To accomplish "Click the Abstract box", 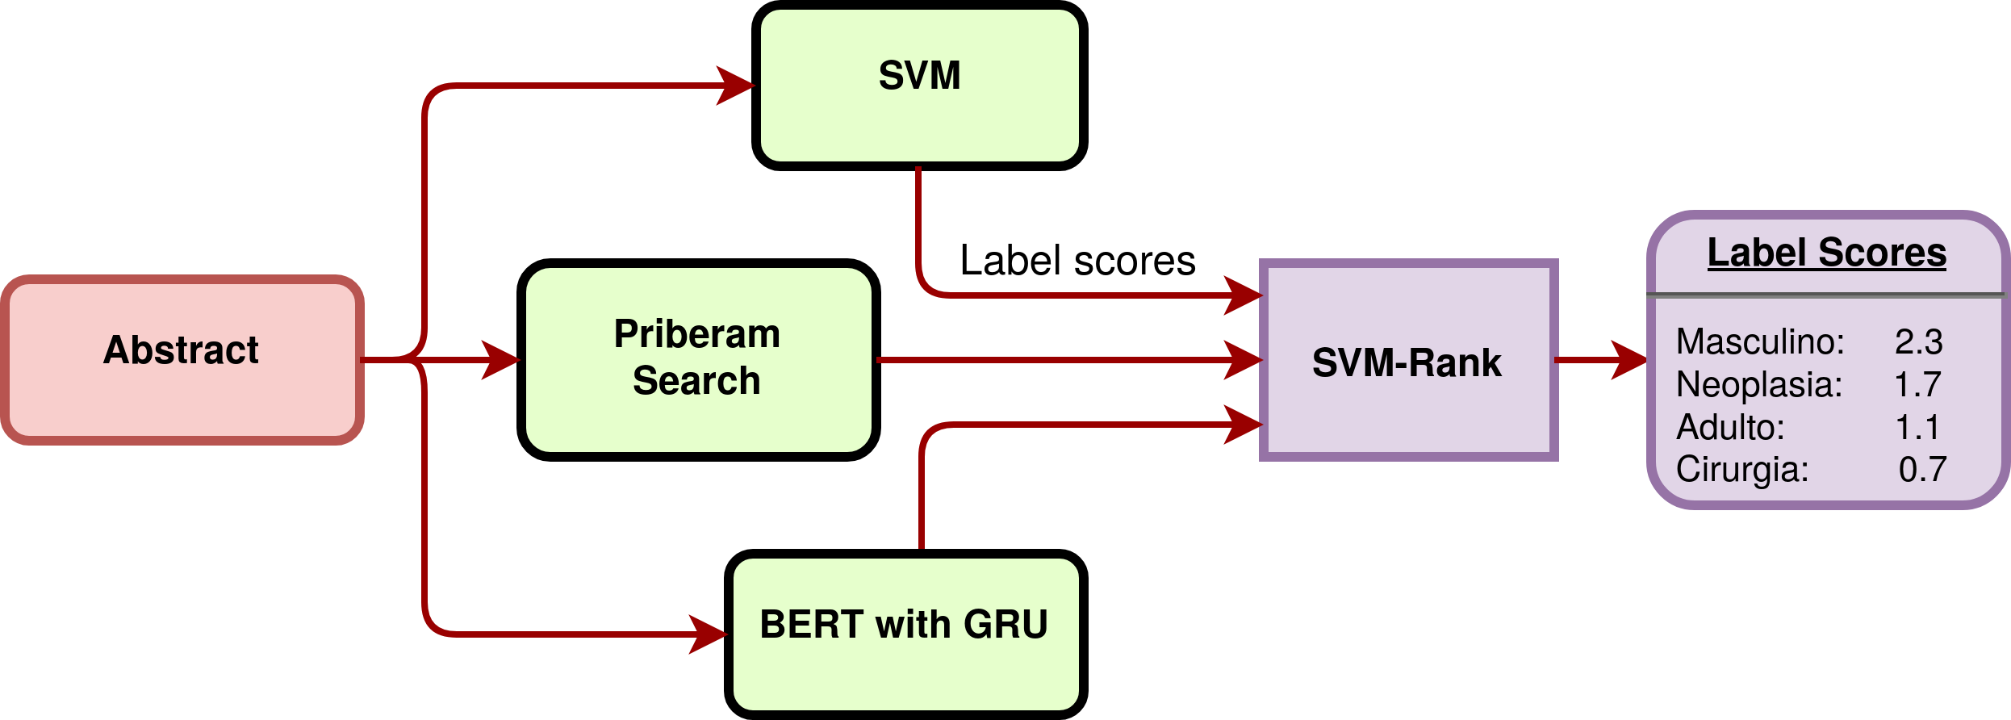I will [x=182, y=360].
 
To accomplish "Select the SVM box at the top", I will [x=919, y=85].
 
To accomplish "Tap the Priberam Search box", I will [x=698, y=359].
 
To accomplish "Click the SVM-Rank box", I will [x=1408, y=361].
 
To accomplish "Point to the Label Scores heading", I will [x=1826, y=253].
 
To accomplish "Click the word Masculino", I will [x=1759, y=341].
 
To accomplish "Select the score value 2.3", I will [x=1918, y=341].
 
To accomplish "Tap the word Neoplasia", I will [x=1758, y=384].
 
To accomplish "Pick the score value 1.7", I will [x=1917, y=384].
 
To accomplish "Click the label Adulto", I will [x=1729, y=427].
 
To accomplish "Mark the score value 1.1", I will [x=1917, y=427].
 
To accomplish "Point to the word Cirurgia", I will [x=1741, y=469].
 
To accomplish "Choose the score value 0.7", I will [x=1922, y=469].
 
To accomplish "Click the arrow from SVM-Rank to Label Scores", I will [x=1602, y=359].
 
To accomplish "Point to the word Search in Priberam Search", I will [x=696, y=380].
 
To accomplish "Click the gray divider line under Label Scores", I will [x=1826, y=295].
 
